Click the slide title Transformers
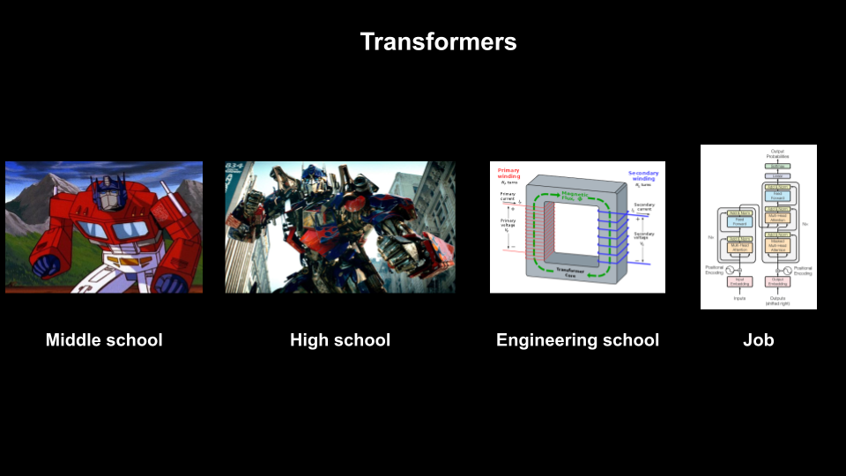pos(438,41)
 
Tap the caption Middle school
pos(104,340)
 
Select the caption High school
pos(339,340)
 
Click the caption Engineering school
pos(577,340)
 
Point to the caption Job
pos(758,340)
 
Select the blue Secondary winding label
pos(644,176)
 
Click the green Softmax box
pos(778,166)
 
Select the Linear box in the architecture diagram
pos(778,176)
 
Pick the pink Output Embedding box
pos(778,282)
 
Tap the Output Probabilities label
pos(778,153)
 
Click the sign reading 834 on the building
pos(234,166)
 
